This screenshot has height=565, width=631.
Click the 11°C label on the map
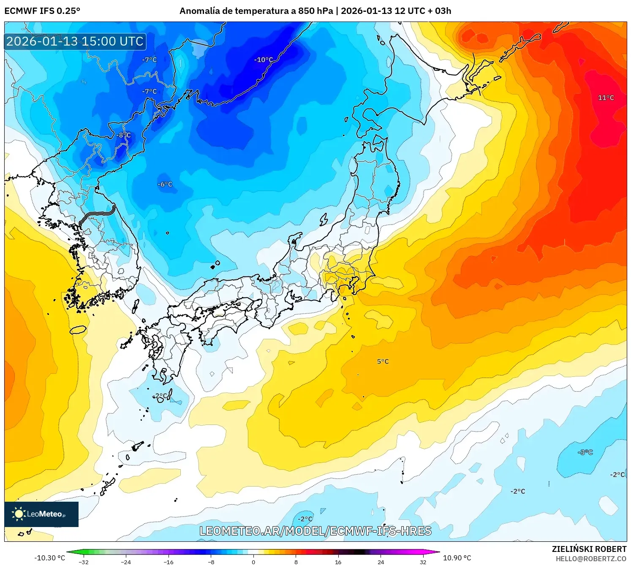[606, 98]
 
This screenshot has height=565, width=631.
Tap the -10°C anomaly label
[264, 60]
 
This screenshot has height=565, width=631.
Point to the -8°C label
[124, 135]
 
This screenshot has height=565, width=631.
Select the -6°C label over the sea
[165, 184]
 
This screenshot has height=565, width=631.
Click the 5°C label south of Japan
[383, 362]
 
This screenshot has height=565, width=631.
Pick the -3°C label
[585, 452]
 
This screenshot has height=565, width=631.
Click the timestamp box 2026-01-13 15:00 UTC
[75, 41]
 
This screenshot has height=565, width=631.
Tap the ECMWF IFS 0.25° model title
[42, 11]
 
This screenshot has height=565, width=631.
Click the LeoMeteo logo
[41, 514]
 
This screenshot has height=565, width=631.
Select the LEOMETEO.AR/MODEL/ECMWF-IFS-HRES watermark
[315, 531]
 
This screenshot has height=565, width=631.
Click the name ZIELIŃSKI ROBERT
[589, 549]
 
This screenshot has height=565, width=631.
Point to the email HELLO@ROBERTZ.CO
[591, 559]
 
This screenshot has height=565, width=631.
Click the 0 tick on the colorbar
[253, 562]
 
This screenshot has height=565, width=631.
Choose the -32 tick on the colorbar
[84, 562]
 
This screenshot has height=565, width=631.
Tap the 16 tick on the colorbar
[338, 562]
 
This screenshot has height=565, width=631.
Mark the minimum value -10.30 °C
[50, 558]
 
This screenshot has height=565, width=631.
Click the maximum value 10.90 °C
[457, 558]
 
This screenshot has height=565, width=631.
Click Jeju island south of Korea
[78, 330]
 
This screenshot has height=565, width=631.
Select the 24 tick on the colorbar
[381, 562]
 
